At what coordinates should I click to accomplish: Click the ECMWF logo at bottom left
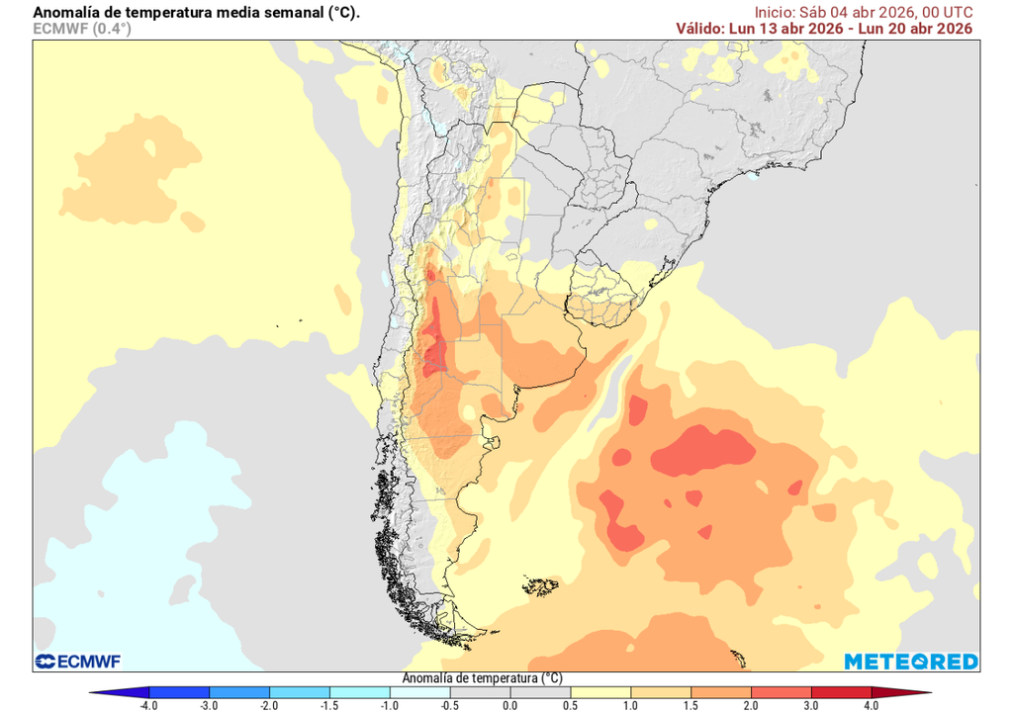point(77,661)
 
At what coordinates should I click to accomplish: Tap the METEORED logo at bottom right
point(911,661)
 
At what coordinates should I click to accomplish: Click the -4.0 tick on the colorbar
point(149,705)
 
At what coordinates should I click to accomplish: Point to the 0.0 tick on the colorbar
point(509,705)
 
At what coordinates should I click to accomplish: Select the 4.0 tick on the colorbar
point(871,705)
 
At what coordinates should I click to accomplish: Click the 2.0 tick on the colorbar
point(751,705)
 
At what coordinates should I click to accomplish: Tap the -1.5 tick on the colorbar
point(329,705)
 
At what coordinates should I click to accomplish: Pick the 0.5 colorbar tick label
point(570,705)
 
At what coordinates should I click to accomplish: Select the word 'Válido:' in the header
point(700,29)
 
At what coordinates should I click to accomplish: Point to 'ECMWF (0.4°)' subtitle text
point(82,29)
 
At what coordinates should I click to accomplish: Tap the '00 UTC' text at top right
point(947,12)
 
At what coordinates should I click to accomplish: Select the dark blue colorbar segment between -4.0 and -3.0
point(179,692)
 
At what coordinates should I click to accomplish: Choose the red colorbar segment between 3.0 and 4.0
point(840,692)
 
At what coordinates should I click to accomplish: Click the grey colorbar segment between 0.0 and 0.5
point(539,692)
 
